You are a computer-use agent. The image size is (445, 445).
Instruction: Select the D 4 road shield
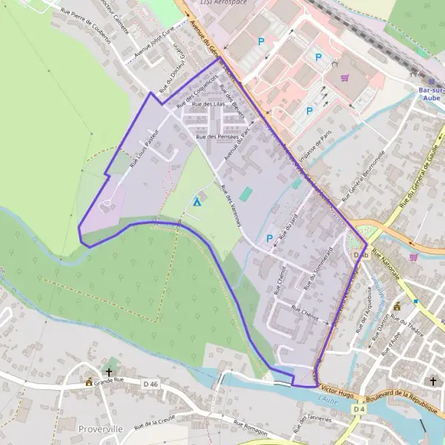359,409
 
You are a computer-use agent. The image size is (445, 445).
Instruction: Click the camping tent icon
197,202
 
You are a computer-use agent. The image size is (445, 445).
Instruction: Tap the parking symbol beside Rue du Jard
269,238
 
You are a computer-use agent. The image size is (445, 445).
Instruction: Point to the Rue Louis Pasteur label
143,148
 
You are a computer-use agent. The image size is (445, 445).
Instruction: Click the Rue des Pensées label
217,137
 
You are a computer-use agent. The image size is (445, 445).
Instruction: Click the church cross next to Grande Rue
109,372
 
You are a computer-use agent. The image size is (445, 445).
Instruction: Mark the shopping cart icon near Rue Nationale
413,257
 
